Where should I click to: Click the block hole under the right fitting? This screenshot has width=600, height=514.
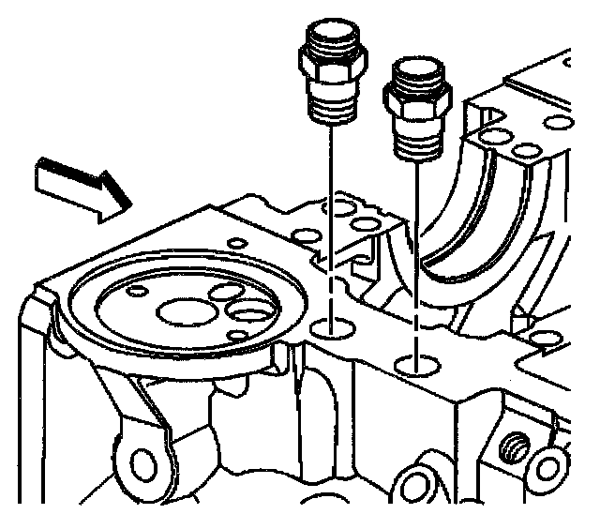[x=412, y=361]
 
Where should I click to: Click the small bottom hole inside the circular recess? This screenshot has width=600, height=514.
[x=238, y=334]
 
